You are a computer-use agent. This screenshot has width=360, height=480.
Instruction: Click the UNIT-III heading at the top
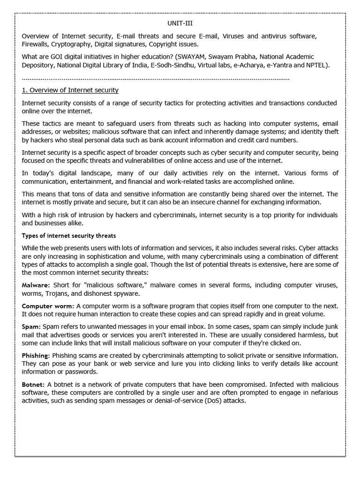180,22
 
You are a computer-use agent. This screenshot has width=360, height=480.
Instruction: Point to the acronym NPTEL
316,65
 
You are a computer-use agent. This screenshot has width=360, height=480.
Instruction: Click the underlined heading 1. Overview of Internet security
70,90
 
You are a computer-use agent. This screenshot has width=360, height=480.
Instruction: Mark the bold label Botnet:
34,384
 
